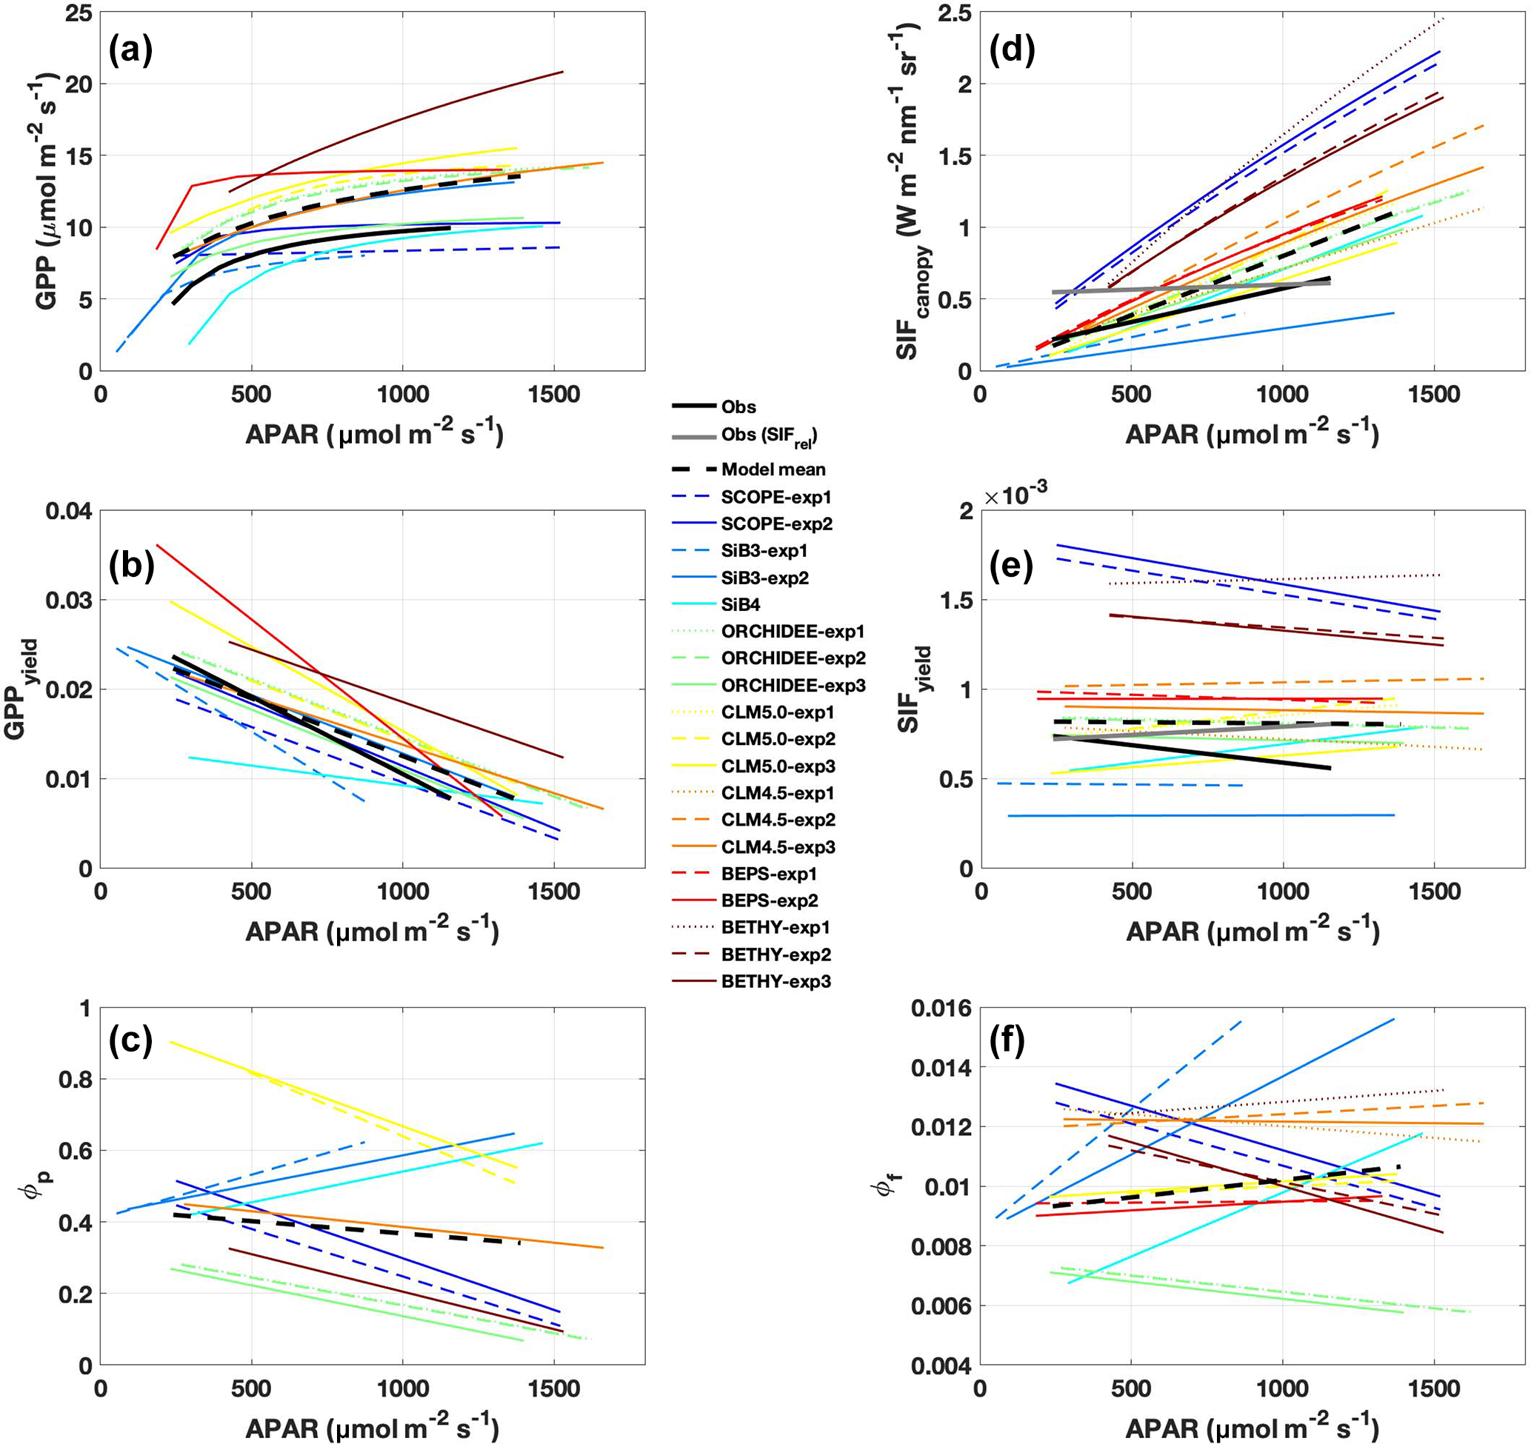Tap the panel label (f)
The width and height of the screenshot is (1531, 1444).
1010,1042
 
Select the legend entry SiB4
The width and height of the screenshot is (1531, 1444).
740,604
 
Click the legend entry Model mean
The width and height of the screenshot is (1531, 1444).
773,469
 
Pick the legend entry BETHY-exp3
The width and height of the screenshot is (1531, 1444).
775,982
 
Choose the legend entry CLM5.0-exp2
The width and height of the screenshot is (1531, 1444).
778,739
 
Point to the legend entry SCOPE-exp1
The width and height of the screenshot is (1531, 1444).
775,497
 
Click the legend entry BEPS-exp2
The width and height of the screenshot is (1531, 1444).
770,900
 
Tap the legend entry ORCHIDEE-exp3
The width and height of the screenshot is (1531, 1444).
793,686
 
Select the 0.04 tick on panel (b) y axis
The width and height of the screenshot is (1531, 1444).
69,511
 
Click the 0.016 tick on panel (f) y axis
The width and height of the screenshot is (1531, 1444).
941,1008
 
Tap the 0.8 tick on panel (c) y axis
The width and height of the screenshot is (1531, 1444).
75,1080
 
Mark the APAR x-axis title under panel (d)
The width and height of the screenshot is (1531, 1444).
1252,435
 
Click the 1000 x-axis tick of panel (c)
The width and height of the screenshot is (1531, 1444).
402,1388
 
